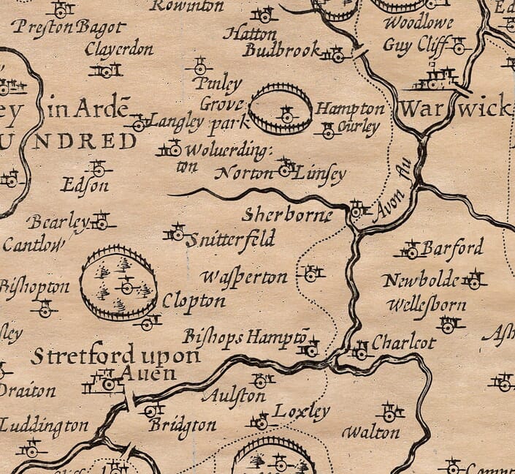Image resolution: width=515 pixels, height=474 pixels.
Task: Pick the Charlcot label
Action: point(403,342)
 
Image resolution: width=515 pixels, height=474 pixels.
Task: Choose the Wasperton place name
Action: point(244,277)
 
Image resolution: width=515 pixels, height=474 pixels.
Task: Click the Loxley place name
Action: point(301,413)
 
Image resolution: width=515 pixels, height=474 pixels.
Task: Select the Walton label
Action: point(371,432)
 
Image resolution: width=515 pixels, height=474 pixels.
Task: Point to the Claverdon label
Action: point(118,50)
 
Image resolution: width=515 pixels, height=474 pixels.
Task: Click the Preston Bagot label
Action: point(69,29)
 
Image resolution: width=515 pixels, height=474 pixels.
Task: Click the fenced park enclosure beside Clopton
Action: point(118,283)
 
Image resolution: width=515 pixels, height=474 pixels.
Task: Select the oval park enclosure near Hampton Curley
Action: point(281,109)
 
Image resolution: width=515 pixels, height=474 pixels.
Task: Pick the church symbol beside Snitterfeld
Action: point(177,233)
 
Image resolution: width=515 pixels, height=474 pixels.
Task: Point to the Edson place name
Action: point(85,186)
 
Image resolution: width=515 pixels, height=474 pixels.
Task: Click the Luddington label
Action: point(44,425)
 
